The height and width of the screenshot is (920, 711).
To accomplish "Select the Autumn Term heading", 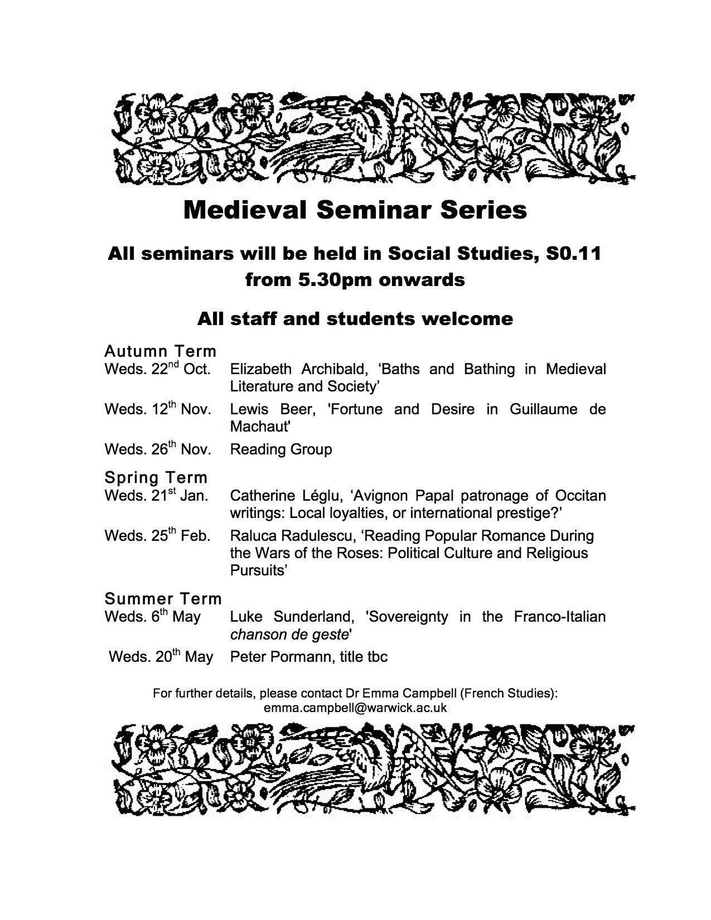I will [x=161, y=351].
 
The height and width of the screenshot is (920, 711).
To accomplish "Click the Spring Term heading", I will [x=156, y=478].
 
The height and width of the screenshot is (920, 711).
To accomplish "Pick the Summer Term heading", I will [x=163, y=599].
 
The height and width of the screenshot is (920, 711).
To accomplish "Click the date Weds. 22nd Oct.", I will [x=158, y=370].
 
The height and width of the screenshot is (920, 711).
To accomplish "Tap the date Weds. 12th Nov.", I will [x=158, y=410].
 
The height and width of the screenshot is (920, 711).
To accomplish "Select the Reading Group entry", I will [x=281, y=449].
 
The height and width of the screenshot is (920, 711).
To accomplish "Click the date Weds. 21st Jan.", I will [x=156, y=496].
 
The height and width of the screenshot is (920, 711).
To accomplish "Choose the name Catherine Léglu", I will [x=286, y=496].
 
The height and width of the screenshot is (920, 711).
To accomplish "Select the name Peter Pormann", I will [x=280, y=657].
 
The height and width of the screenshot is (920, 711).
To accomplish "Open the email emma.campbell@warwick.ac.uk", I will [x=355, y=708].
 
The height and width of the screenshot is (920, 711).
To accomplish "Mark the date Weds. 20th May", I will [x=161, y=657].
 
